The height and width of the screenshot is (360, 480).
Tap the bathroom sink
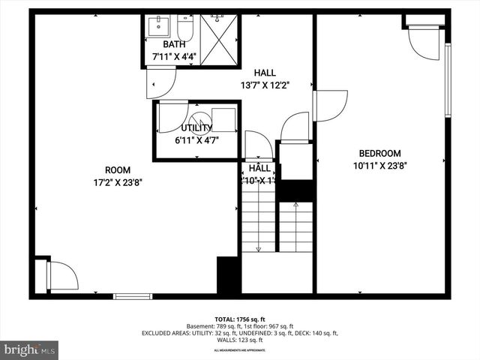point(158,27)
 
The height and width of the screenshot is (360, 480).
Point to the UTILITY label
point(196,128)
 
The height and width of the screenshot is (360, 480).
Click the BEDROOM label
point(381,153)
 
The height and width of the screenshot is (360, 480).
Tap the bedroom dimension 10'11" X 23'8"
point(381,166)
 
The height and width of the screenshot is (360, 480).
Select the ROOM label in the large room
point(118,169)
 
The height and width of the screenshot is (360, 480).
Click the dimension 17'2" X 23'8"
point(118,181)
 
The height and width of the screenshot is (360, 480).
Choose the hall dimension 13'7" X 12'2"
point(265,85)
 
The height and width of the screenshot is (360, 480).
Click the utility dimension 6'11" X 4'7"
point(196,139)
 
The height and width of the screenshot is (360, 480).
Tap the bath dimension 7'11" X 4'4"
point(169,56)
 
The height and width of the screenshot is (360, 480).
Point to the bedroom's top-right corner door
point(424,43)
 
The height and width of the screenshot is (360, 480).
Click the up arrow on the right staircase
point(297,225)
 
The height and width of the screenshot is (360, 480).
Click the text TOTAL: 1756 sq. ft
point(240,319)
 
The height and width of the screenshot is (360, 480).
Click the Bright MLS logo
point(30,349)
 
